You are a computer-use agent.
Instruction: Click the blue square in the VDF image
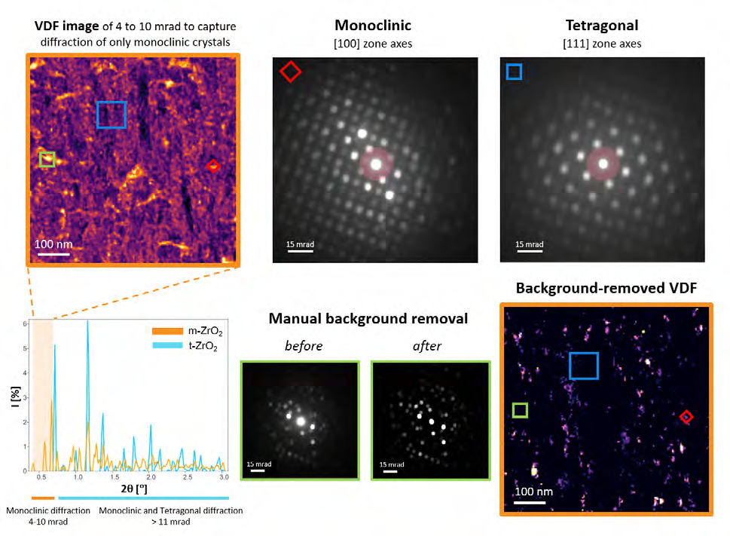(111, 115)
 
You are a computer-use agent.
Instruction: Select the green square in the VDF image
(47, 160)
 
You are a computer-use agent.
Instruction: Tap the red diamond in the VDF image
(213, 166)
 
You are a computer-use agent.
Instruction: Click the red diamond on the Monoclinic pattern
(290, 72)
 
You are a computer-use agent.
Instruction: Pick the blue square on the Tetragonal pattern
(514, 72)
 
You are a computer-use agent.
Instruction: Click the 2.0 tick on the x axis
(151, 478)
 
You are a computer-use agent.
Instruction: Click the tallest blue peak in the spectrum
(87, 323)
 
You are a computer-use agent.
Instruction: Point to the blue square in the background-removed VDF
(584, 366)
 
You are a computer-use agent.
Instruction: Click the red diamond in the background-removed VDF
(686, 416)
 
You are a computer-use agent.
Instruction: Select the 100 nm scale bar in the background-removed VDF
(530, 501)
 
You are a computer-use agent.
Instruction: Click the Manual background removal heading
(368, 319)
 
